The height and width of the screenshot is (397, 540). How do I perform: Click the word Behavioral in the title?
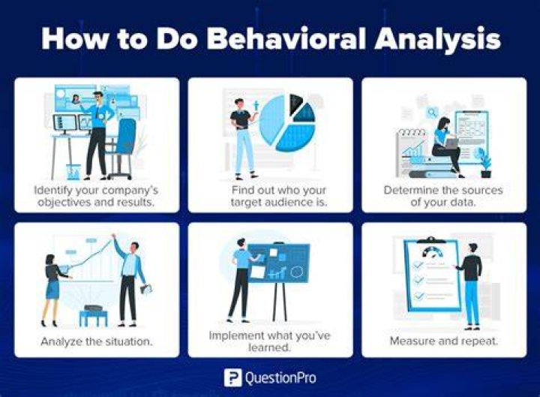[286, 38]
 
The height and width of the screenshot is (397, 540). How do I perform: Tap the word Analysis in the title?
[438, 40]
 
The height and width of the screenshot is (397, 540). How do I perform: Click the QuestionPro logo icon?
[232, 377]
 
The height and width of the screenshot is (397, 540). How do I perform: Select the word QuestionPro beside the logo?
[280, 378]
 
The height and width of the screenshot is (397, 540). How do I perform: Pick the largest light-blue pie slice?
[272, 119]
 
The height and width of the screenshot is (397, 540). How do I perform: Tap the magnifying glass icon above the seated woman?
[432, 113]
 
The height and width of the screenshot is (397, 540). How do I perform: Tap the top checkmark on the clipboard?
[418, 265]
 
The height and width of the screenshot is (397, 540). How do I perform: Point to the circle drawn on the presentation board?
[296, 272]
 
